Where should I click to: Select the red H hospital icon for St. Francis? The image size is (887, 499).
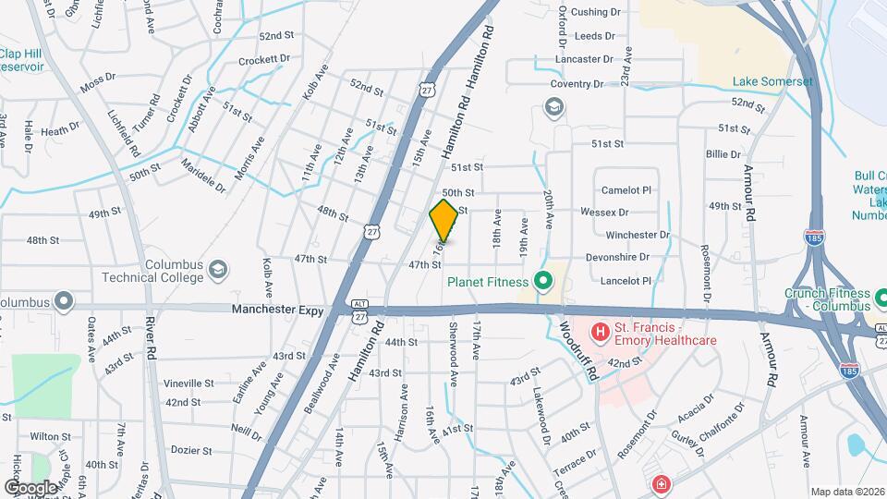click(600, 330)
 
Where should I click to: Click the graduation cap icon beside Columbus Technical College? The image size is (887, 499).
click(218, 270)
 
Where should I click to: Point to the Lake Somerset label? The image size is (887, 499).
click(773, 81)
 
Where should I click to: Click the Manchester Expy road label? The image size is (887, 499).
click(277, 311)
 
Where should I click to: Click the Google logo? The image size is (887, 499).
click(30, 487)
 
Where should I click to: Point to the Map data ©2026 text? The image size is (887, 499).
click(847, 492)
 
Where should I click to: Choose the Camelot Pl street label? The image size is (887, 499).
click(626, 189)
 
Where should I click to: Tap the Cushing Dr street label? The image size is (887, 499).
click(595, 12)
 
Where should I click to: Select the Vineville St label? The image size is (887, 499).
click(188, 383)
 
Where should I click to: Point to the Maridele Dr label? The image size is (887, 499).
click(203, 175)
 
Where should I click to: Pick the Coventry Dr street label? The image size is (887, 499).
click(583, 83)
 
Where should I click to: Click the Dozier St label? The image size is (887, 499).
click(192, 450)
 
